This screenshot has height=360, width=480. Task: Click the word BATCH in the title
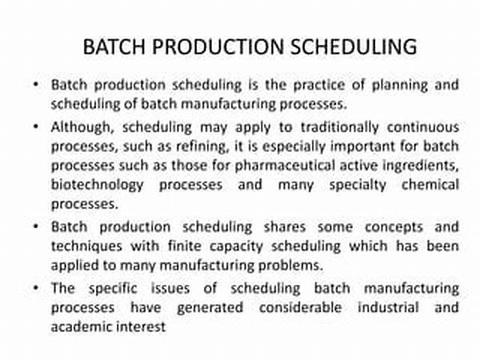coord(114,47)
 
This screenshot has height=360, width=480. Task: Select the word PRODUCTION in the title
coord(218,47)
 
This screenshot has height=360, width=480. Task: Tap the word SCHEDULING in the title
coord(354,47)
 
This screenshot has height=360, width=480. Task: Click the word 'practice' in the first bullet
coord(319,85)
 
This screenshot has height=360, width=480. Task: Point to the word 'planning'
coord(399,86)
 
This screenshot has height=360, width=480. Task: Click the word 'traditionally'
coord(340,127)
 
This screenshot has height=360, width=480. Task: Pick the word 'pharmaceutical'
coord(284,166)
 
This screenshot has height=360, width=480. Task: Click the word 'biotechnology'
coord(98,185)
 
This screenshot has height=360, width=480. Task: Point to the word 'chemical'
coord(430,185)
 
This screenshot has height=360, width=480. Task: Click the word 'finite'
coord(185,246)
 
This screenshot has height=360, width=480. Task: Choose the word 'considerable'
coord(300,307)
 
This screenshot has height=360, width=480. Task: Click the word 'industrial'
coord(388,307)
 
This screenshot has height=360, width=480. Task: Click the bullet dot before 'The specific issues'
coord(36,288)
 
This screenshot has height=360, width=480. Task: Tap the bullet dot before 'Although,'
coord(36,126)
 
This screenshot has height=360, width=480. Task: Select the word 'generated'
coord(210,308)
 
